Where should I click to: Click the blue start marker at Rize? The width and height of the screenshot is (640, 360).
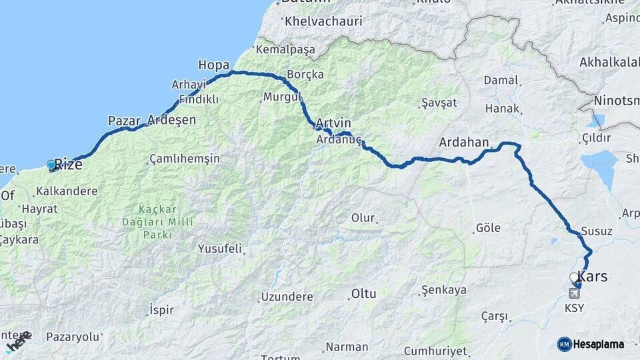pyautogui.click(x=51, y=165)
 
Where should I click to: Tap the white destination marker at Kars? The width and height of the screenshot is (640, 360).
pyautogui.click(x=574, y=277)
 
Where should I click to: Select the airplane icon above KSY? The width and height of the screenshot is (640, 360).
pyautogui.click(x=574, y=293)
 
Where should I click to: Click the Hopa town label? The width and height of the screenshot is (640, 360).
pyautogui.click(x=213, y=65)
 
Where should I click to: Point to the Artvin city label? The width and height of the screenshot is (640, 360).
pyautogui.click(x=333, y=123)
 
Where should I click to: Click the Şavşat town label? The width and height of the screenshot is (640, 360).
pyautogui.click(x=439, y=103)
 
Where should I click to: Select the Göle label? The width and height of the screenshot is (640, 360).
pyautogui.click(x=488, y=228)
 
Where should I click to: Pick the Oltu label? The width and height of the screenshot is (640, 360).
pyautogui.click(x=364, y=293)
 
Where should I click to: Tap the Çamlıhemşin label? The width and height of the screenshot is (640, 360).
pyautogui.click(x=185, y=159)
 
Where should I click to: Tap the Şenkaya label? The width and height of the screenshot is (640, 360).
pyautogui.click(x=444, y=291)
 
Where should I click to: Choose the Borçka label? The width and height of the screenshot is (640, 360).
pyautogui.click(x=305, y=74)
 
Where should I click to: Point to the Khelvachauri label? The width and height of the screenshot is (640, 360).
pyautogui.click(x=323, y=21)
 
